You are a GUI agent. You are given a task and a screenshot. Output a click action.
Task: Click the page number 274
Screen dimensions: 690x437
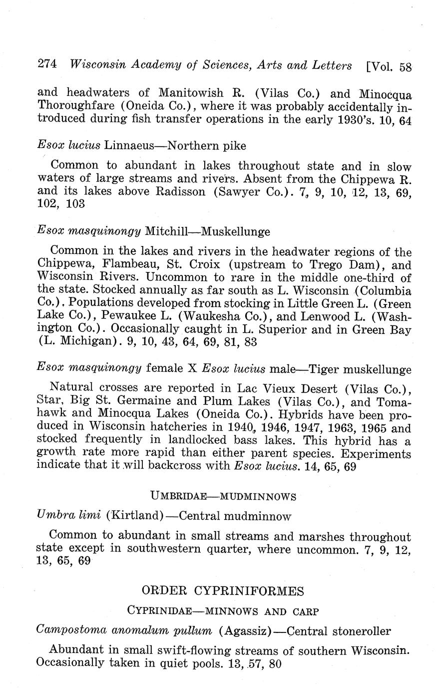pos(48,64)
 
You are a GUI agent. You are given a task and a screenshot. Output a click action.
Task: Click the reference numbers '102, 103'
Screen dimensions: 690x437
pos(61,204)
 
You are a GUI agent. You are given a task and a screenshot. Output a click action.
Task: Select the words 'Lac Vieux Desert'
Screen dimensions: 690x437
pos(288,388)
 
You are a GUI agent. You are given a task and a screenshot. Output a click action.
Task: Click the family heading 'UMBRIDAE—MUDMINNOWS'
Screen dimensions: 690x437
pos(223,496)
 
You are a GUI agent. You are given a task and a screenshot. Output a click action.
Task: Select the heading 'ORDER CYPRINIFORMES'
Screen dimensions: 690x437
pos(223,591)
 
